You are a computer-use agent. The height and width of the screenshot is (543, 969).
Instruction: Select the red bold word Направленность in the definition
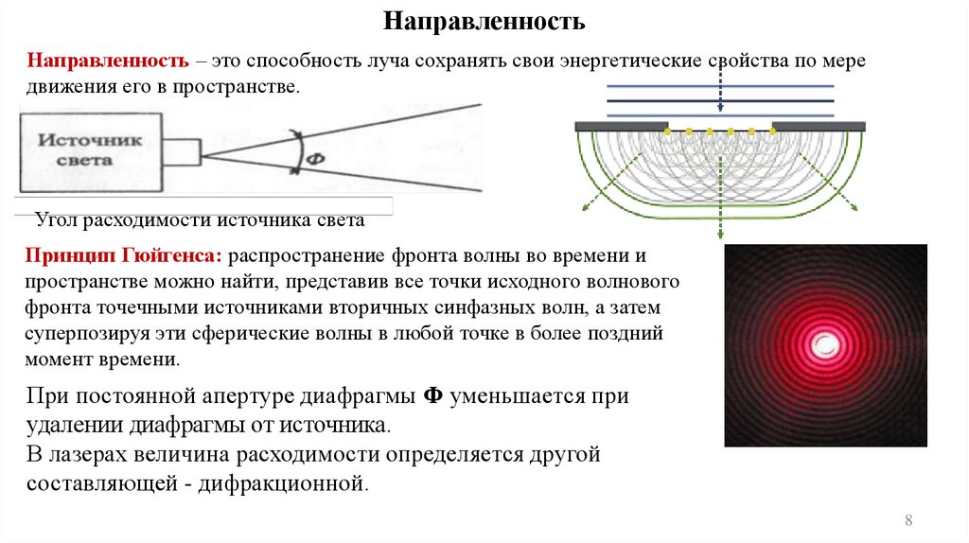point(107,61)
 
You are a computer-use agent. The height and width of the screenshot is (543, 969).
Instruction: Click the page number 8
point(909,520)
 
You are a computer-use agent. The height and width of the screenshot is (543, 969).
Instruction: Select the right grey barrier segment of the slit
point(819,126)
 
